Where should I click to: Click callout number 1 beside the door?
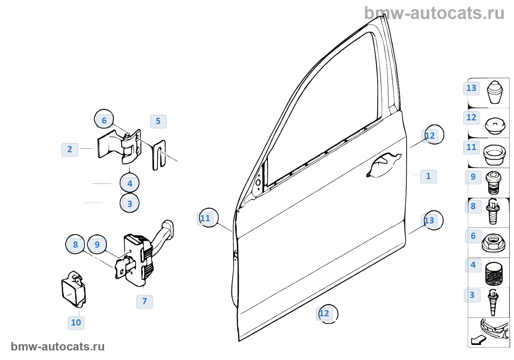pyautogui.click(x=428, y=177)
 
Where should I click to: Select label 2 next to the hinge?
pyautogui.click(x=70, y=150)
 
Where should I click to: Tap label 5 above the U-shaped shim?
pyautogui.click(x=158, y=121)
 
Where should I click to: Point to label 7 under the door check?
pyautogui.click(x=145, y=302)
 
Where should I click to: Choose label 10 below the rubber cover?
pyautogui.click(x=76, y=323)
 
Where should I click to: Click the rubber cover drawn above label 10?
pyautogui.click(x=73, y=289)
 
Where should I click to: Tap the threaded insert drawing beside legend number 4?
pyautogui.click(x=494, y=273)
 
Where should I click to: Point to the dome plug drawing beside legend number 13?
pyautogui.click(x=495, y=92)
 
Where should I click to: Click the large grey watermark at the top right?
pyautogui.click(x=434, y=14)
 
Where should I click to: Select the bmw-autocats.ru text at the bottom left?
pyautogui.click(x=58, y=347)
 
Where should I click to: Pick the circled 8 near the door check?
pyautogui.click(x=75, y=244)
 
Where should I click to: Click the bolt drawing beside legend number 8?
pyautogui.click(x=493, y=212)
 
